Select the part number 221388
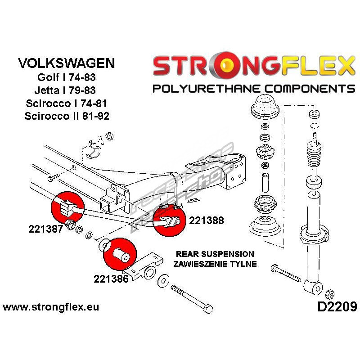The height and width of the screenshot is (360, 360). (x=207, y=220)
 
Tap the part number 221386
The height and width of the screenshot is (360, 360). (x=112, y=279)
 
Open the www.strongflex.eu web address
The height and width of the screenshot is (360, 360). (x=51, y=307)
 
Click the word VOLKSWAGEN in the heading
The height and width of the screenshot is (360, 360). (x=67, y=63)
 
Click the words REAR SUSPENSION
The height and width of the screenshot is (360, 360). (x=215, y=254)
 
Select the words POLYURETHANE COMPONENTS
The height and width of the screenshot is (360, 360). (x=253, y=88)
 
